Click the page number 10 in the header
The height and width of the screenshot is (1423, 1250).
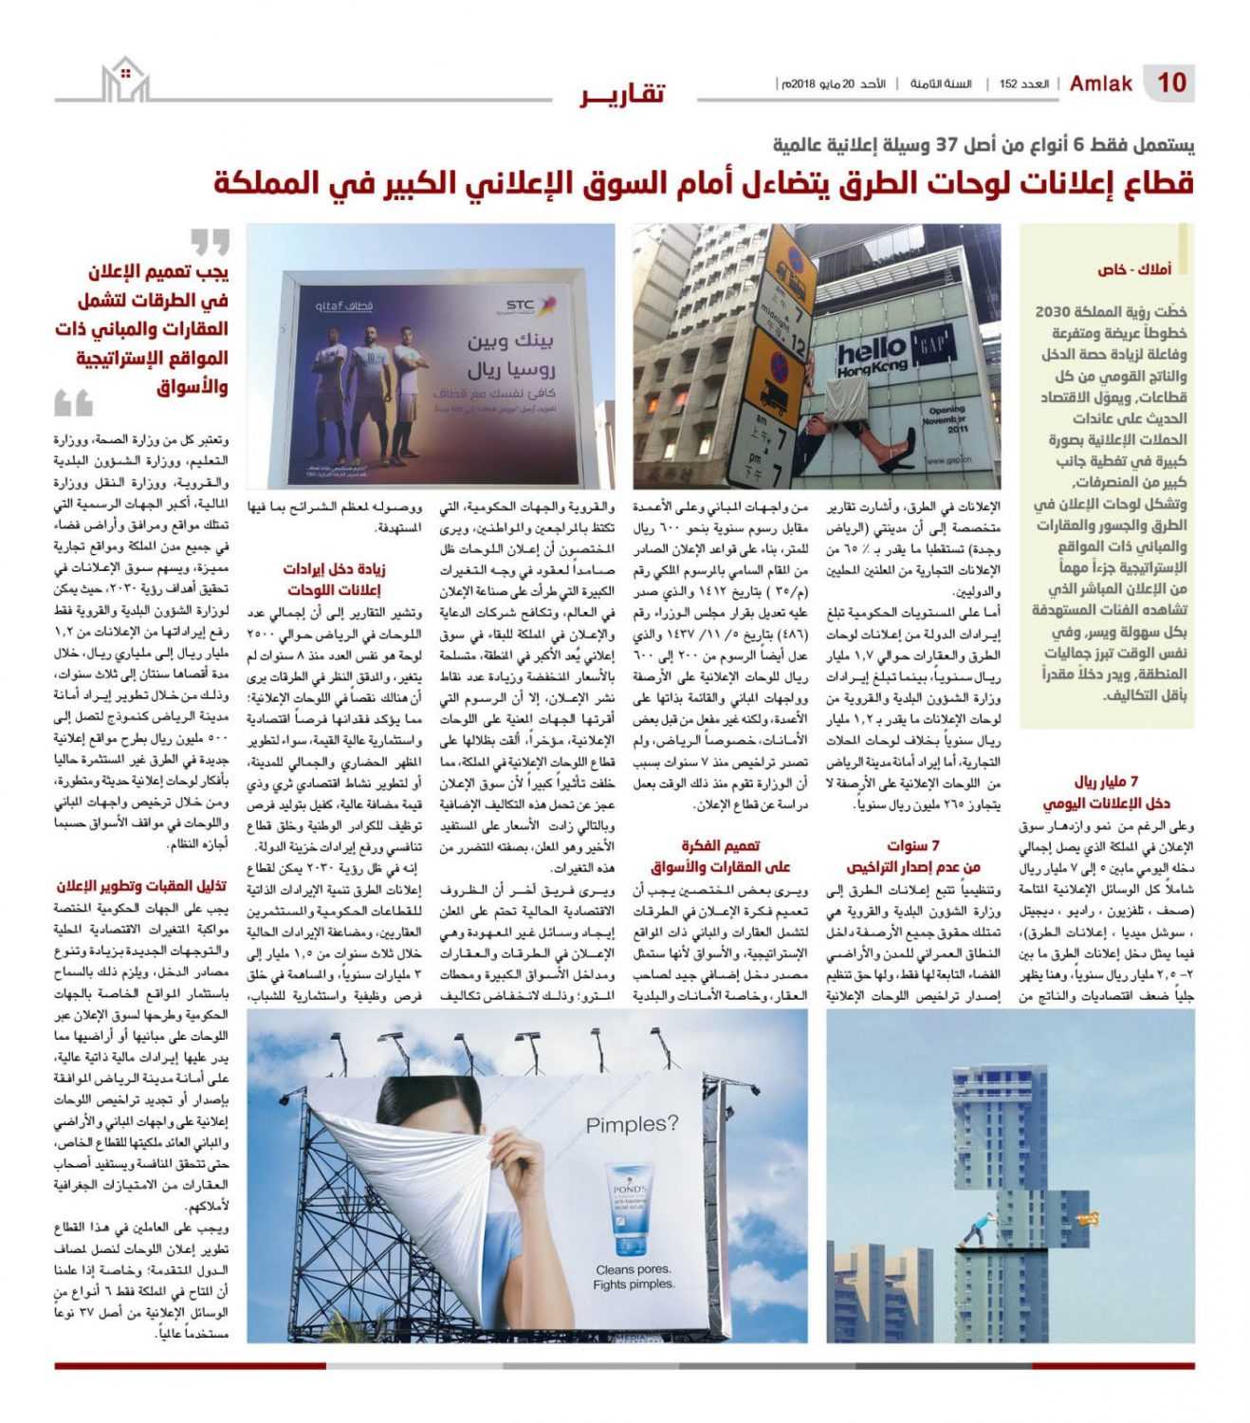(x=1171, y=83)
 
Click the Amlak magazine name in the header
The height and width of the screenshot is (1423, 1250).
(x=1100, y=83)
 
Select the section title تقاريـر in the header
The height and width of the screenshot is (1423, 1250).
(x=623, y=93)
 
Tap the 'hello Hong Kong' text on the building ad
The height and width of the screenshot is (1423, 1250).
(x=873, y=359)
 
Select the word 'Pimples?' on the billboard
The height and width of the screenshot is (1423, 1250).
(x=632, y=1125)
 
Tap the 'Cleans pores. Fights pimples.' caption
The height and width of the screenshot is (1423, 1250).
(x=634, y=1276)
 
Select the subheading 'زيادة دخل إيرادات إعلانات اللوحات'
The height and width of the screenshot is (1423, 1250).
(x=334, y=579)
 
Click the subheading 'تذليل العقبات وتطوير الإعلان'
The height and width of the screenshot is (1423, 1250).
(x=142, y=886)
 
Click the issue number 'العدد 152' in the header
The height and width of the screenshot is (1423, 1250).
(x=1023, y=84)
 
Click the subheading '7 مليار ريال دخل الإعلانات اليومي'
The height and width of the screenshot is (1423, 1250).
(x=1106, y=792)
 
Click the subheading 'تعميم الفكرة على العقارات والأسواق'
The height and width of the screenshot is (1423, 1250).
(x=720, y=856)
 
